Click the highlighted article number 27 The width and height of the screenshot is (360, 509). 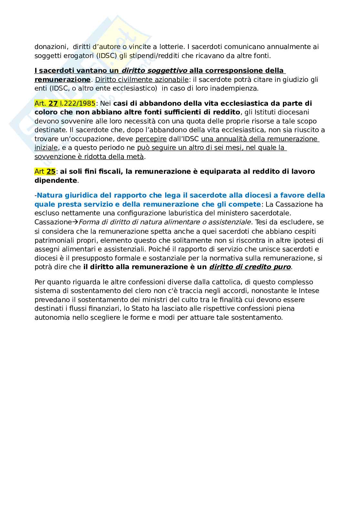click(53, 103)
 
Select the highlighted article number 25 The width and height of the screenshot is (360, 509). click(51, 171)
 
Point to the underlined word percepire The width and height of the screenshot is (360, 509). click(151, 139)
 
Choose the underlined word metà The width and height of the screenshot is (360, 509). click(136, 157)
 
